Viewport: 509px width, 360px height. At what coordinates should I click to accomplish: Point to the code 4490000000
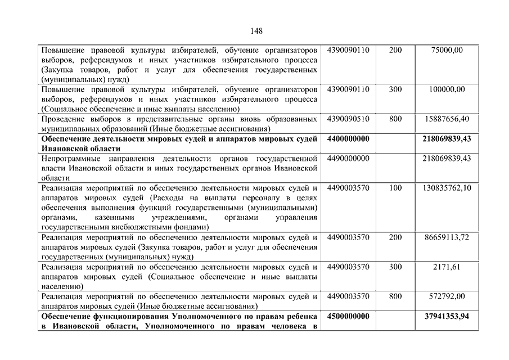[x=348, y=158]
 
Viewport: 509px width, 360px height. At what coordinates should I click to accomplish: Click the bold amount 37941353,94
[x=447, y=316]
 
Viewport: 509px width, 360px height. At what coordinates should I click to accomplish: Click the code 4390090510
[x=348, y=119]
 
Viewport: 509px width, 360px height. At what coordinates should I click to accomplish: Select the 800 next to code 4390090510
[x=395, y=119]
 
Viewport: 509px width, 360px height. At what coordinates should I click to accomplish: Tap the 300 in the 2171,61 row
[x=395, y=267]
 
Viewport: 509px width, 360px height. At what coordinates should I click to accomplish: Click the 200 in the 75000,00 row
[x=395, y=50]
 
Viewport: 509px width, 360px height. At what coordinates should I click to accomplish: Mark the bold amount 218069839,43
[x=447, y=138]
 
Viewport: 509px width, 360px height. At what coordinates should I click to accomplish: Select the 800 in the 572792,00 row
[x=395, y=296]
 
